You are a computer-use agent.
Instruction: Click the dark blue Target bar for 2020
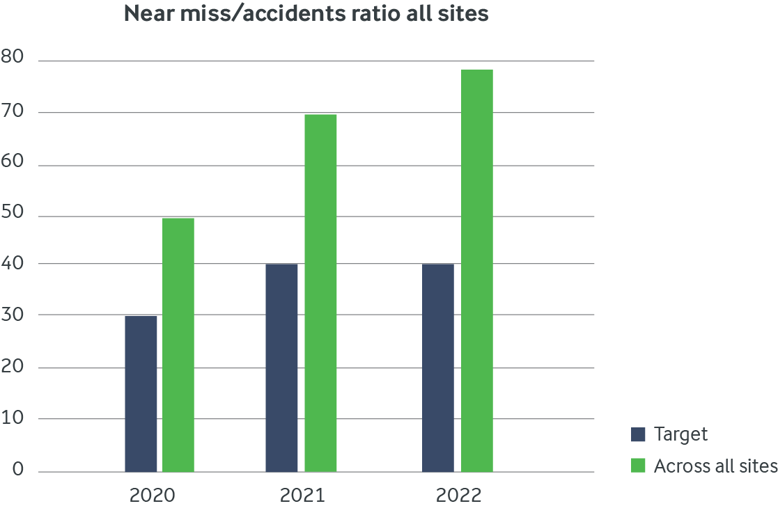pyautogui.click(x=141, y=394)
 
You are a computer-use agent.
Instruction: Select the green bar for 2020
pyautogui.click(x=178, y=345)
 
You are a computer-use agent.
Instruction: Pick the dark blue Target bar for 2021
pyautogui.click(x=281, y=367)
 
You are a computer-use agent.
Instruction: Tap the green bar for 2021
pyautogui.click(x=320, y=293)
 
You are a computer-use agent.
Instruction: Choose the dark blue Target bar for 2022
pyautogui.click(x=438, y=367)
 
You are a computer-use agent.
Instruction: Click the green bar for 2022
pyautogui.click(x=477, y=271)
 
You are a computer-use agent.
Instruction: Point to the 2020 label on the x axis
pyautogui.click(x=153, y=496)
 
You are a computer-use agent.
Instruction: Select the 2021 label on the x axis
pyautogui.click(x=302, y=496)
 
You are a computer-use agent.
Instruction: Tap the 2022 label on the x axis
pyautogui.click(x=458, y=496)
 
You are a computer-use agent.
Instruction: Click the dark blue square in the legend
pyautogui.click(x=639, y=435)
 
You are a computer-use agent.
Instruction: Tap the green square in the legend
pyautogui.click(x=639, y=466)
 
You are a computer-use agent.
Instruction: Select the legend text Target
pyautogui.click(x=680, y=435)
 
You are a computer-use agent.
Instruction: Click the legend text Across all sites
pyautogui.click(x=715, y=466)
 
